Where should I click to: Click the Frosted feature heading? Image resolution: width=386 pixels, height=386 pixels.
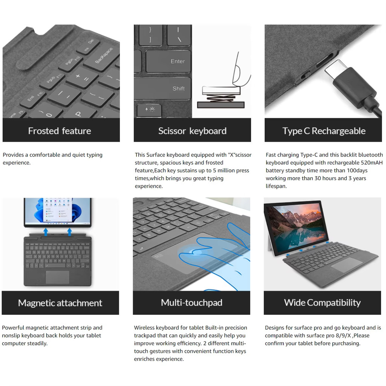(60, 131)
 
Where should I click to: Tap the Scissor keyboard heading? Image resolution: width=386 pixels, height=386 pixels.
(192, 131)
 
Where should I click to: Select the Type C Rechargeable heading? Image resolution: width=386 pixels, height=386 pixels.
(324, 131)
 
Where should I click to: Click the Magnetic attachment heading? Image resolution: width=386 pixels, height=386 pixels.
(60, 303)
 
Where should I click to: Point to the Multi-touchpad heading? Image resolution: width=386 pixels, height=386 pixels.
(191, 303)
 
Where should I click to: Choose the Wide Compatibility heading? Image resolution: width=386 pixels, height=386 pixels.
(322, 303)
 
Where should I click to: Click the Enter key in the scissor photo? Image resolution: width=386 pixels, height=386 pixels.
(168, 61)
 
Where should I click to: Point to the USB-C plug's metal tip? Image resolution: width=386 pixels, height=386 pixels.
(333, 68)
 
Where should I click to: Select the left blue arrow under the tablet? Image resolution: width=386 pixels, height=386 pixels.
(46, 231)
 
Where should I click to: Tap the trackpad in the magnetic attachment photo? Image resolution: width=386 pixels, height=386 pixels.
(57, 277)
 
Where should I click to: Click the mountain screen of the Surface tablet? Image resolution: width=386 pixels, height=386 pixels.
(297, 227)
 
